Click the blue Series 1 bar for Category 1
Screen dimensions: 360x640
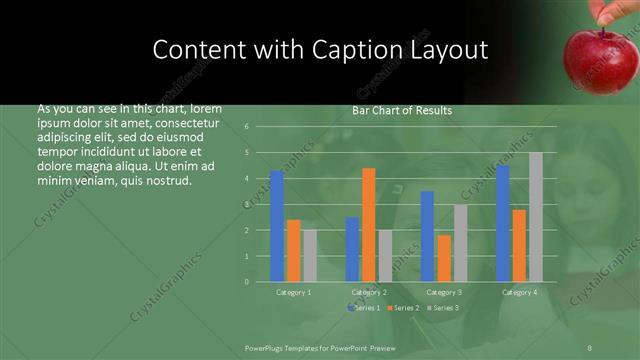(x=277, y=226)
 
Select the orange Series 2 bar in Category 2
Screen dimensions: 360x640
(x=369, y=224)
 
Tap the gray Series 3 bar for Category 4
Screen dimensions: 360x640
(x=536, y=216)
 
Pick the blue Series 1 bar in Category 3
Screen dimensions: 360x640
(x=428, y=236)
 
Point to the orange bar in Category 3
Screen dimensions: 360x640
(x=444, y=258)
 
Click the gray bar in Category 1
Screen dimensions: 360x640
(x=310, y=255)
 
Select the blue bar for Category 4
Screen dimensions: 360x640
(x=503, y=223)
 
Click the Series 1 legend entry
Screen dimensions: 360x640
(x=365, y=307)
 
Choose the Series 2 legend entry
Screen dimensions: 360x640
(x=402, y=307)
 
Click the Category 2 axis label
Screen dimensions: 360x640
(x=369, y=292)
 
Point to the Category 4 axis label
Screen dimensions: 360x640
(x=519, y=292)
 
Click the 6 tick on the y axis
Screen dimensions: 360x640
(x=260, y=127)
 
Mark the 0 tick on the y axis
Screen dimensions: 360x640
(x=260, y=282)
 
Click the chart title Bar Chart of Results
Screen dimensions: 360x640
(x=402, y=111)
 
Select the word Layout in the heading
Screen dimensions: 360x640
(x=452, y=49)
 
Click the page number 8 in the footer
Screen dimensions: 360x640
(x=590, y=346)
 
